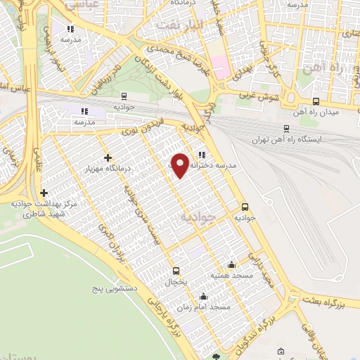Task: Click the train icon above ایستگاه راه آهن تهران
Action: pyautogui.click(x=286, y=128)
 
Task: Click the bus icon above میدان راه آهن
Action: pyautogui.click(x=316, y=101)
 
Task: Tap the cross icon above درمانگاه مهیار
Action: pyautogui.click(x=107, y=157)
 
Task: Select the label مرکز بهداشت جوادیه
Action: pyautogui.click(x=43, y=204)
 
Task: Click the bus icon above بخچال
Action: pyautogui.click(x=176, y=271)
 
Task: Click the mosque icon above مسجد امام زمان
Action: pyautogui.click(x=204, y=297)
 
